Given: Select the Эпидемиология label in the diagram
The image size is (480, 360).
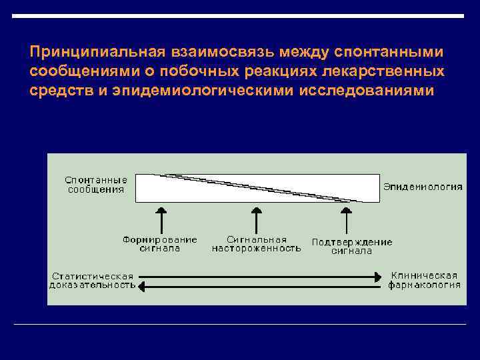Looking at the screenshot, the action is [x=421, y=187].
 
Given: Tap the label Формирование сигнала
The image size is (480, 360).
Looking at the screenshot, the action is [x=160, y=244].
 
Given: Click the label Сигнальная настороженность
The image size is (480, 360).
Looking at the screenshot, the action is [x=257, y=244].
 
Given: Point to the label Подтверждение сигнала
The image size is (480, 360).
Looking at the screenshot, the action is [x=352, y=246].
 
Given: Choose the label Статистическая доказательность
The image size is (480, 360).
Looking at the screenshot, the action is [x=92, y=281].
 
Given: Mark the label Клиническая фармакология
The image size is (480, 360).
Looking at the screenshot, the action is [x=425, y=280].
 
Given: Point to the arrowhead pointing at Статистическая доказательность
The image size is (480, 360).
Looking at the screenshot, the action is [x=141, y=286].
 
